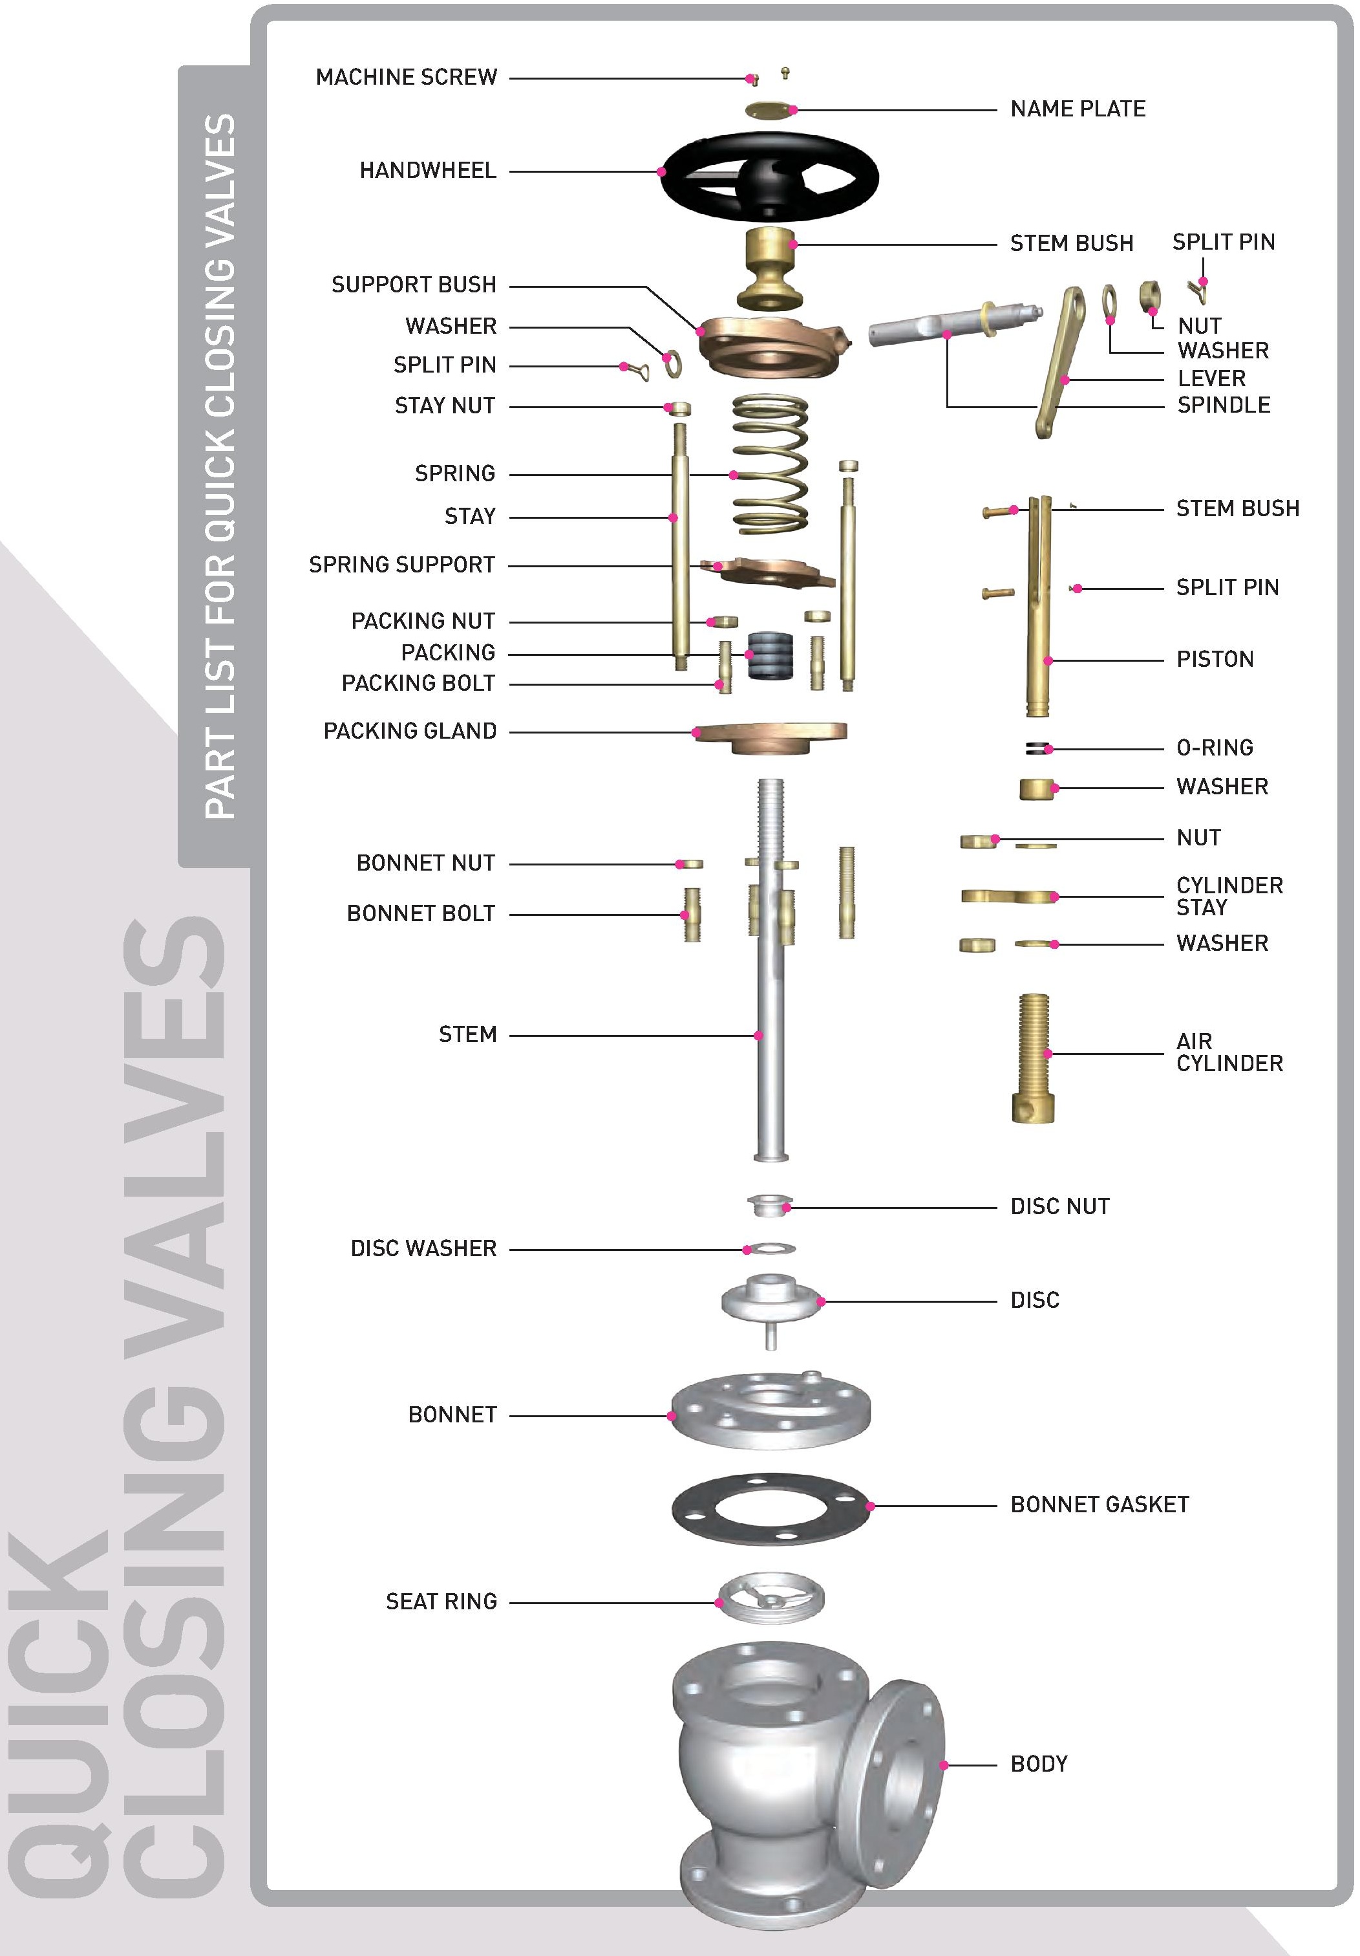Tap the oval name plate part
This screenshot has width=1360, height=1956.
click(x=767, y=110)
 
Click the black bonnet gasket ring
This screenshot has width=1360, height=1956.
click(x=770, y=1506)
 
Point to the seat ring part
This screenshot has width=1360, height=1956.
click(x=770, y=1598)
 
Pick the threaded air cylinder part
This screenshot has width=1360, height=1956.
click(x=1034, y=1057)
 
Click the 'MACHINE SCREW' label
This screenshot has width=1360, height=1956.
click(x=406, y=78)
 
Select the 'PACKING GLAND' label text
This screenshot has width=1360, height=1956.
click(x=410, y=731)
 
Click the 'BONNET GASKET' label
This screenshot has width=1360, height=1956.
click(x=1100, y=1505)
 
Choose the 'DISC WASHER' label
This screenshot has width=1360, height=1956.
click(x=423, y=1249)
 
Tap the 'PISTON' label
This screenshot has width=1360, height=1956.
click(x=1215, y=659)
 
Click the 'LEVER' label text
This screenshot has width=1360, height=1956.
click(x=1211, y=378)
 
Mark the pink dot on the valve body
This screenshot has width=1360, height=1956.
click(x=944, y=1765)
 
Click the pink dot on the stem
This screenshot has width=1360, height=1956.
click(x=758, y=1036)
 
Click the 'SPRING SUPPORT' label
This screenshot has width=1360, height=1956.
click(x=401, y=565)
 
